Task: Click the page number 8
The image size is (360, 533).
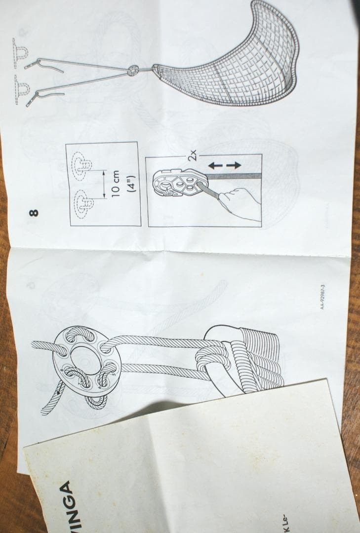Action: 34,213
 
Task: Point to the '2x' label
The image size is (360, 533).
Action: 194,156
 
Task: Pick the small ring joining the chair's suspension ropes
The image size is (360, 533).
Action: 132,71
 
